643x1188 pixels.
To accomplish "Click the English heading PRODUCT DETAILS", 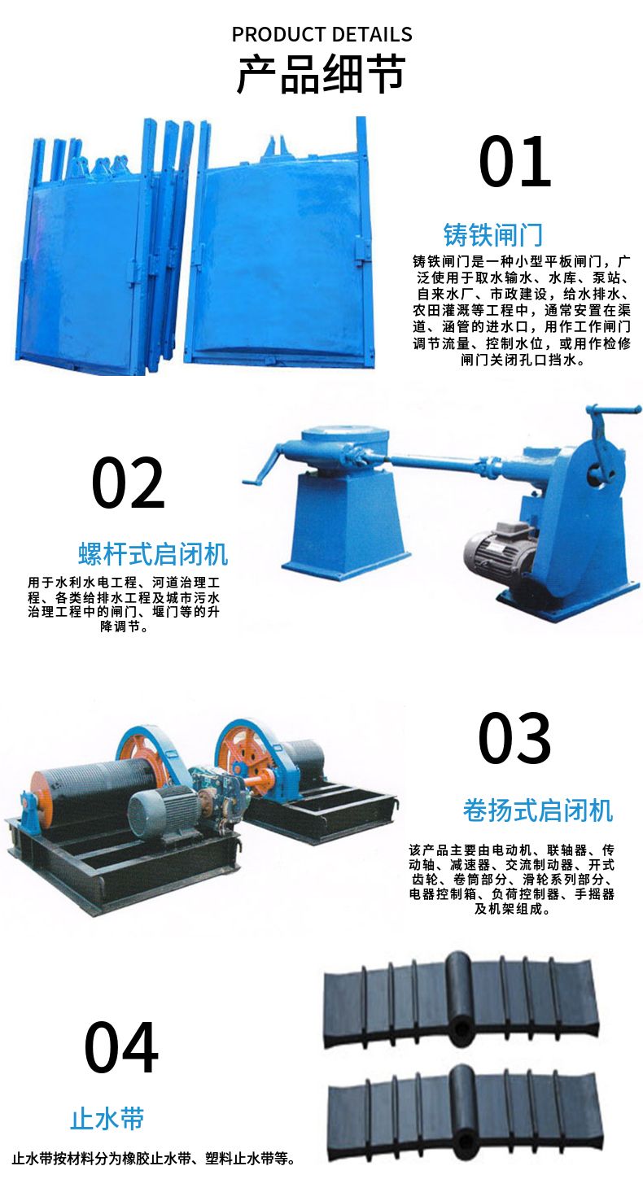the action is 322,34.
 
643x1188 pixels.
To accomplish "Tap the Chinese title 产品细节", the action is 321,73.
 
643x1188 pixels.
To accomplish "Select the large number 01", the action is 515,161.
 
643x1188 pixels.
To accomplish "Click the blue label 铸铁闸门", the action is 493,235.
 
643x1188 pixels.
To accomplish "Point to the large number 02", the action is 129,483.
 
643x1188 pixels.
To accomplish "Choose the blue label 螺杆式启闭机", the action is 153,554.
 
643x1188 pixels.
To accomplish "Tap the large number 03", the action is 514,738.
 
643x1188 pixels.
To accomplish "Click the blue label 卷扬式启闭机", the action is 538,810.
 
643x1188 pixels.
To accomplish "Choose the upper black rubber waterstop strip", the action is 461,1000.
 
